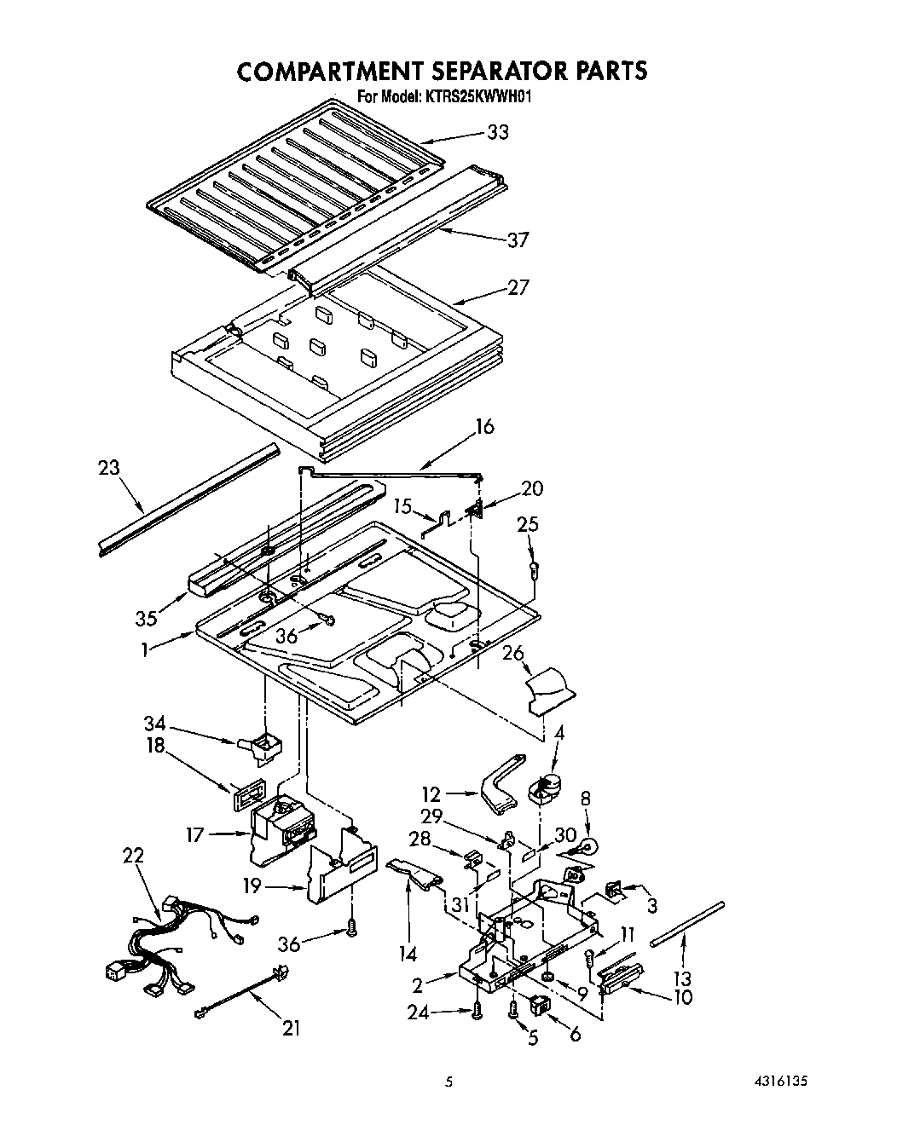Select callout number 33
click(x=498, y=132)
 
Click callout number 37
click(x=517, y=240)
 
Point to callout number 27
click(x=518, y=287)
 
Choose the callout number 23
click(x=109, y=468)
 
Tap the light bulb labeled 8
click(x=587, y=847)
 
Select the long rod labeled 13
click(x=687, y=922)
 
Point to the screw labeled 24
click(x=477, y=1011)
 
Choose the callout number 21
click(x=292, y=1029)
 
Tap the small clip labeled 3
click(x=613, y=891)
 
